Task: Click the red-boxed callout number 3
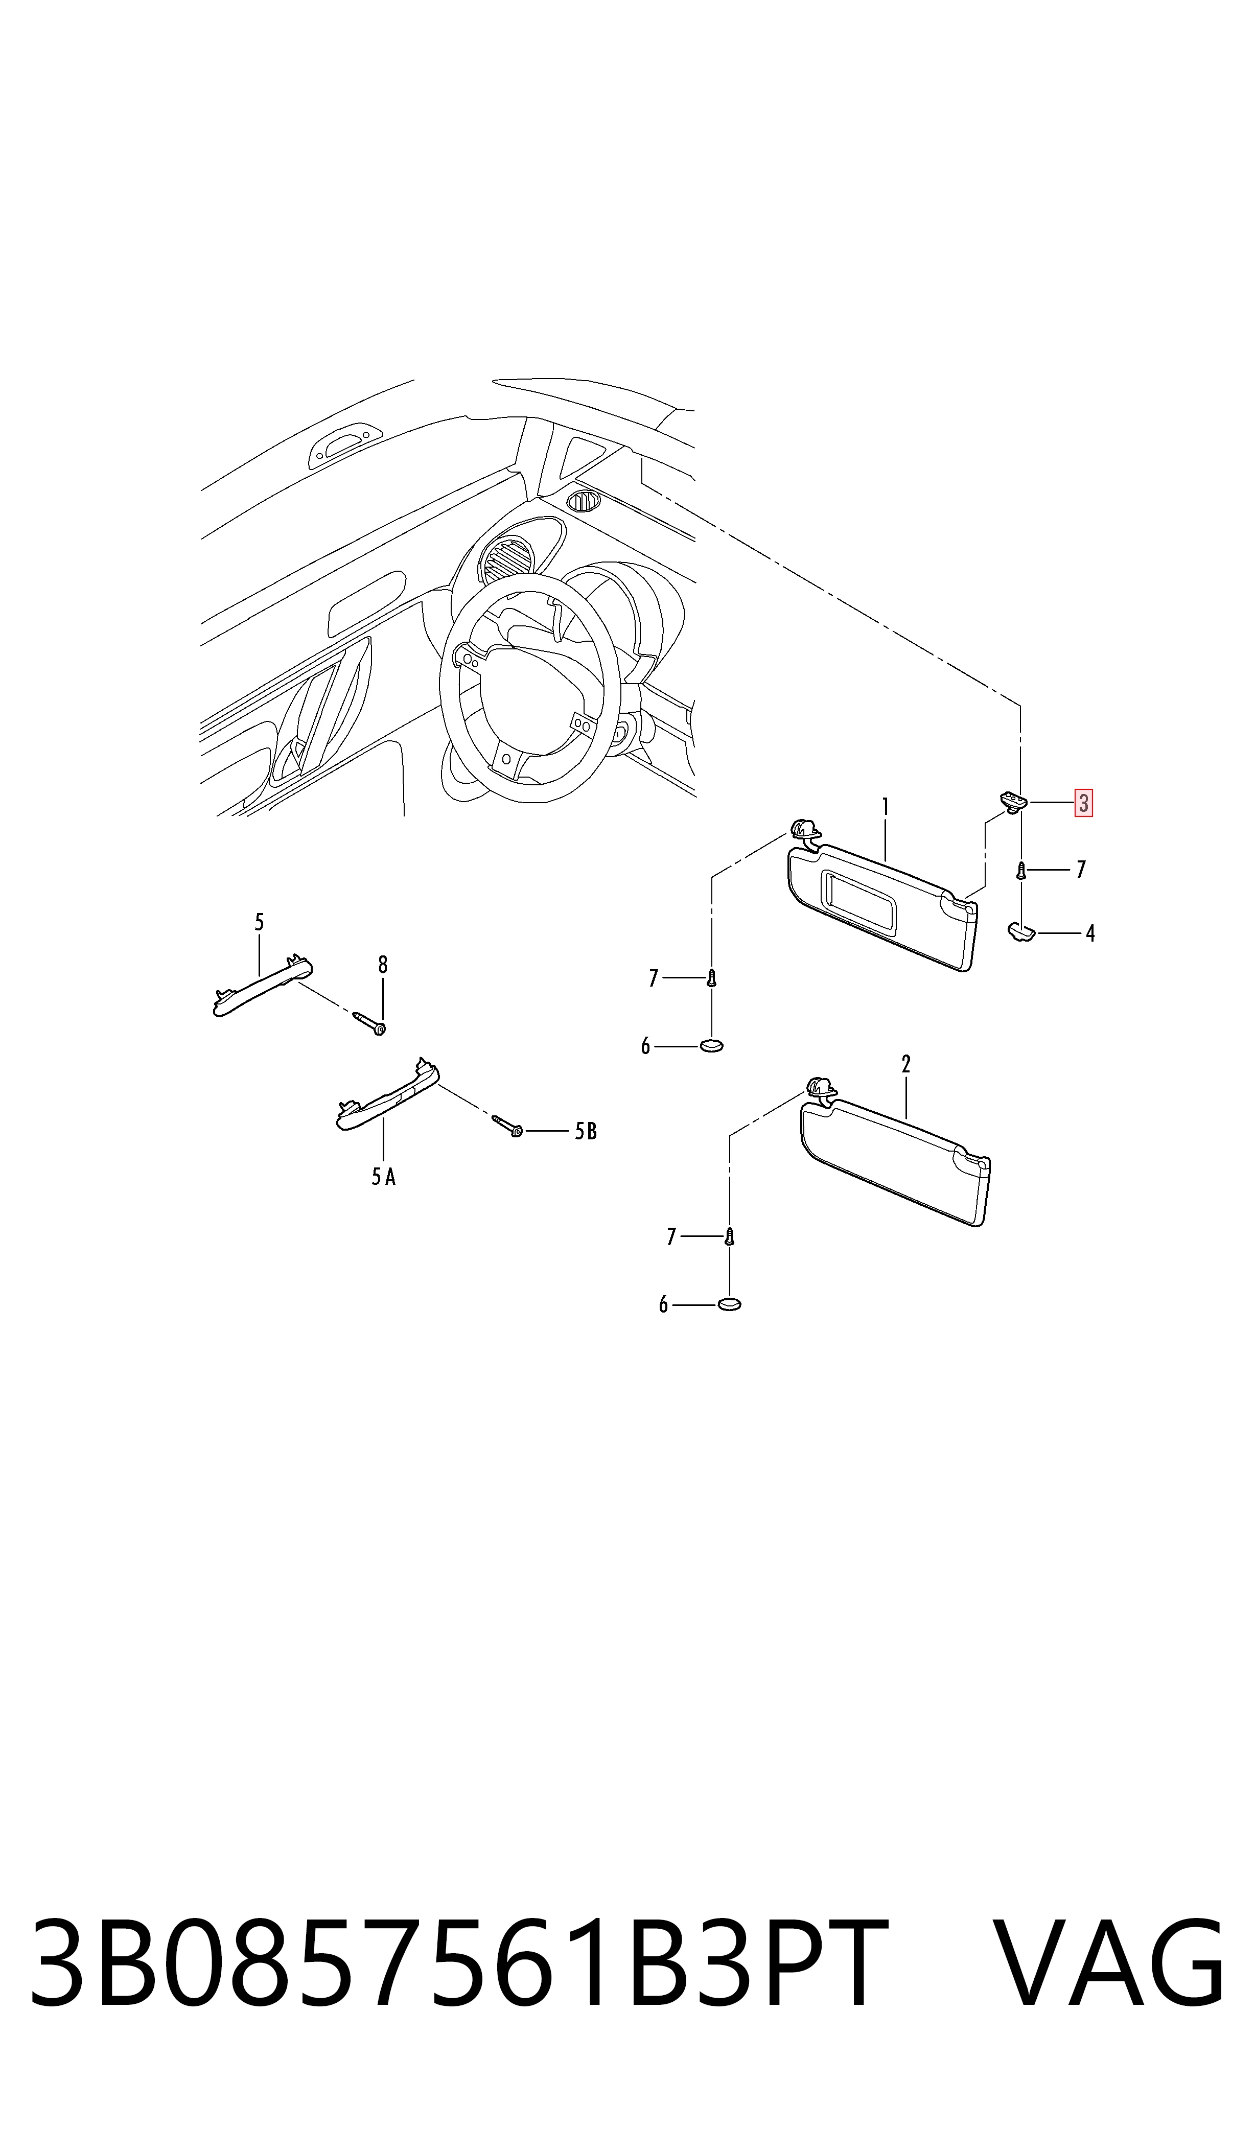click(1083, 802)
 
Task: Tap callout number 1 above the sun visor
click(886, 807)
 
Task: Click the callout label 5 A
click(383, 1177)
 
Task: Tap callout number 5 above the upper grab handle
click(260, 922)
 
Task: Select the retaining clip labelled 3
click(1014, 799)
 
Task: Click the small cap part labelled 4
click(1021, 932)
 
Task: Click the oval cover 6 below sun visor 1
click(711, 1046)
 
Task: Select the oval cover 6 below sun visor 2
click(729, 1304)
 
